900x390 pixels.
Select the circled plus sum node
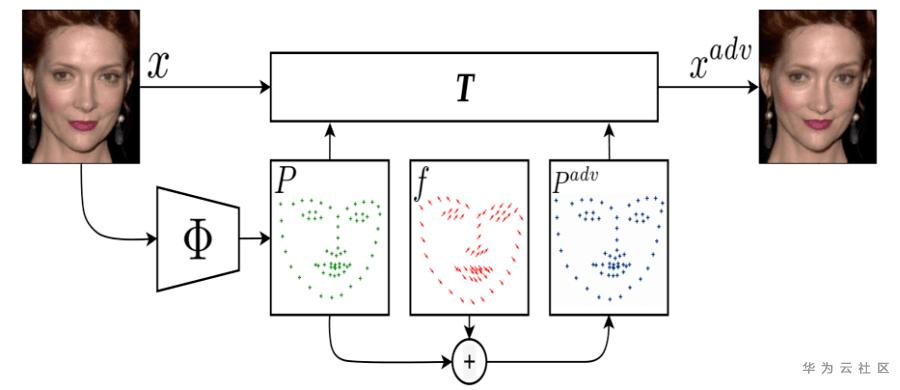pos(469,359)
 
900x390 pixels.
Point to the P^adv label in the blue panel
pos(572,180)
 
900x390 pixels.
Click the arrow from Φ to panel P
pos(254,239)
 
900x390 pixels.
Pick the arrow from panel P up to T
pos(329,140)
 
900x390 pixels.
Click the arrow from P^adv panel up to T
pos(608,140)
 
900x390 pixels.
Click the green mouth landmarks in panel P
pos(331,267)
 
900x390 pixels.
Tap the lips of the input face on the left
pos(82,126)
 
